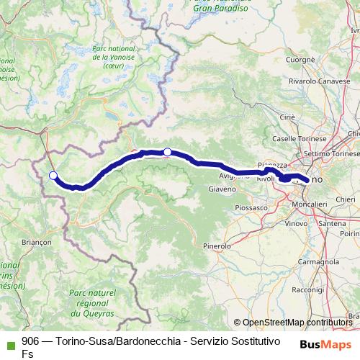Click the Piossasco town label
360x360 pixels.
click(x=251, y=207)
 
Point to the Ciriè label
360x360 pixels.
click(x=287, y=117)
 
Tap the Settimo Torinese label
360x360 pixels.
click(x=331, y=154)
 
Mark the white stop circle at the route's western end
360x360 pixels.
click(x=53, y=175)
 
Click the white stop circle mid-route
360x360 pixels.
click(x=167, y=152)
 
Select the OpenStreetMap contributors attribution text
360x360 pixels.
click(x=296, y=323)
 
